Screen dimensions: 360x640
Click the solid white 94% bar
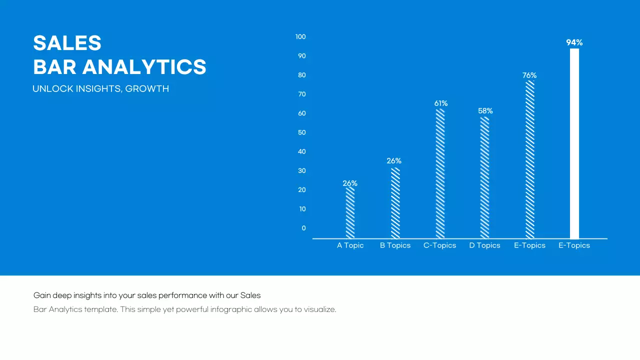[574, 143]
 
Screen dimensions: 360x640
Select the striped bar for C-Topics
[440, 173]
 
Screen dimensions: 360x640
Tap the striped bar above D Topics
[484, 177]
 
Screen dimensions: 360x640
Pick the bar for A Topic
[350, 212]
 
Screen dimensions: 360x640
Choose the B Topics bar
[395, 203]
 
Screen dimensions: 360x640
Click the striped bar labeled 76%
[529, 159]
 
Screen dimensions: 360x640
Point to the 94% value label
[574, 43]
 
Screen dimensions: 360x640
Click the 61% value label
[440, 103]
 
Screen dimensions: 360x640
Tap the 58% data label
[485, 111]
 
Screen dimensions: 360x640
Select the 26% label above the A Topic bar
[350, 183]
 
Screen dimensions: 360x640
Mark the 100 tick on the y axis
[300, 37]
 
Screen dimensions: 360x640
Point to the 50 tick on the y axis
[301, 132]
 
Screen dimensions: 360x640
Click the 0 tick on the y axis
[303, 228]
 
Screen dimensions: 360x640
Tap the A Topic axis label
[350, 245]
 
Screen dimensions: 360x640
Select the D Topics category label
[484, 245]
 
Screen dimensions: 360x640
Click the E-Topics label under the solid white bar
[574, 245]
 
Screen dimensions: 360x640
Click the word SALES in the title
[67, 43]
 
